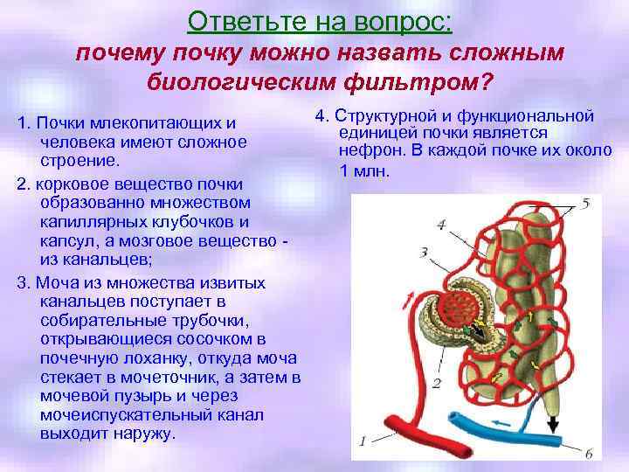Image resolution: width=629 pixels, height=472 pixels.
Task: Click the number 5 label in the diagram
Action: click(x=585, y=204)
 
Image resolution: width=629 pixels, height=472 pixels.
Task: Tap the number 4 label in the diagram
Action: click(x=441, y=225)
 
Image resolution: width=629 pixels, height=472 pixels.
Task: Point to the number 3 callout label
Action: click(x=424, y=253)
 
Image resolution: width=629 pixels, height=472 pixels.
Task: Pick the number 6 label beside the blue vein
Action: click(x=587, y=454)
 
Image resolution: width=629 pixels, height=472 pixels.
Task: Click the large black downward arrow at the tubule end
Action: click(x=552, y=423)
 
